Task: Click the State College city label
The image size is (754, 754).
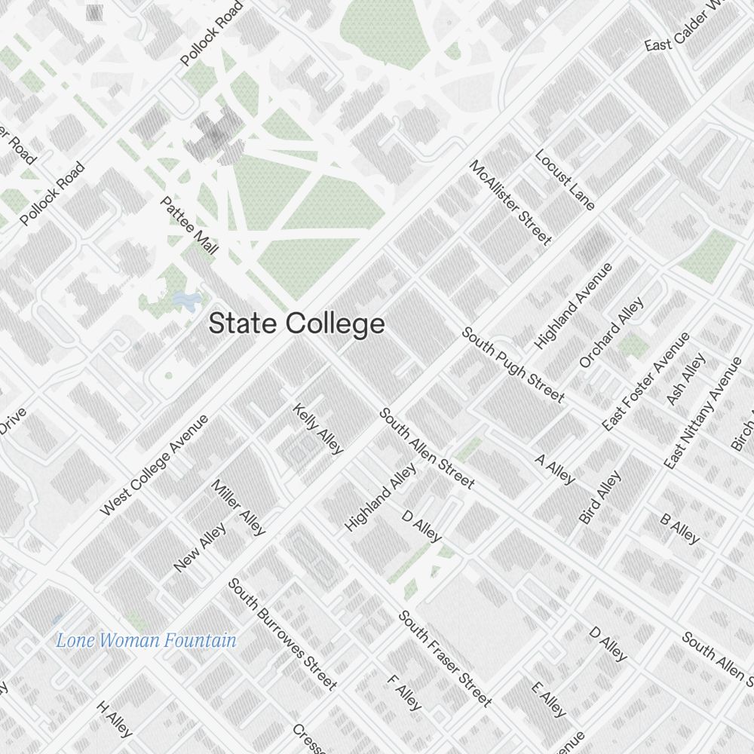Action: [x=296, y=324]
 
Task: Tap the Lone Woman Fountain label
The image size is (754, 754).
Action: [x=146, y=641]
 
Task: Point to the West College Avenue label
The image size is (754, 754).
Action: [x=154, y=465]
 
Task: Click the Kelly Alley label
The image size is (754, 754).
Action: [x=318, y=429]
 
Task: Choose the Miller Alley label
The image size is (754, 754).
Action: [x=239, y=507]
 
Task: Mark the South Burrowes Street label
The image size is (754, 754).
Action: [x=281, y=633]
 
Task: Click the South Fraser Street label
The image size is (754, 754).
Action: [x=445, y=658]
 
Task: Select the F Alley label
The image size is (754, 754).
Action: [x=404, y=691]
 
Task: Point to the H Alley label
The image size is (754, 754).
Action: [x=115, y=719]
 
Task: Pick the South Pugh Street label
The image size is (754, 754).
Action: [x=513, y=364]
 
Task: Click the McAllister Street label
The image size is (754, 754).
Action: [x=510, y=202]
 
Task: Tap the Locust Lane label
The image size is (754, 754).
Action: [x=565, y=179]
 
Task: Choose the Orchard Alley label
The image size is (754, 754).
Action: [x=611, y=333]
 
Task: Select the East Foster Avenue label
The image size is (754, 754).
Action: [x=646, y=382]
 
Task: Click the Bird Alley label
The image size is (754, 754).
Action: [x=600, y=497]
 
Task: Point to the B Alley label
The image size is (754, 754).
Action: [x=680, y=529]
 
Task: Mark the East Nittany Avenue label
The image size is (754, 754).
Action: [x=703, y=412]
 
